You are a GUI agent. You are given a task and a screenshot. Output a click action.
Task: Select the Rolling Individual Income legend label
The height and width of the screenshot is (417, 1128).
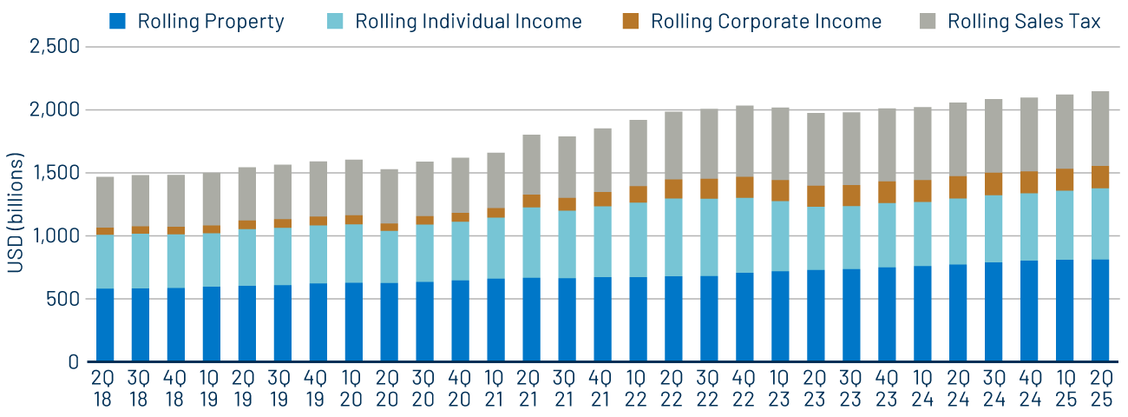click(468, 22)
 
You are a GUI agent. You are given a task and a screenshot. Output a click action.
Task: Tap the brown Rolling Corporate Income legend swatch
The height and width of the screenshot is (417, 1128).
click(631, 22)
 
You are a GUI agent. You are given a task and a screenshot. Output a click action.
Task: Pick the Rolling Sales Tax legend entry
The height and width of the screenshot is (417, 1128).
click(1023, 22)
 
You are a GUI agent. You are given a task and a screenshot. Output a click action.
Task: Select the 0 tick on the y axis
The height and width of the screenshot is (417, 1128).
click(74, 361)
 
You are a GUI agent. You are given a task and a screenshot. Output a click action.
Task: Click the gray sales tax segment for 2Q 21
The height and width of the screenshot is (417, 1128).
click(532, 164)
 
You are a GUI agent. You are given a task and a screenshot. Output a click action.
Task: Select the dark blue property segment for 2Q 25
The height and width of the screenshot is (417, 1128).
click(1100, 310)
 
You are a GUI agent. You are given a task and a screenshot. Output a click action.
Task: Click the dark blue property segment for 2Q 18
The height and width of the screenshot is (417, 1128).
click(105, 325)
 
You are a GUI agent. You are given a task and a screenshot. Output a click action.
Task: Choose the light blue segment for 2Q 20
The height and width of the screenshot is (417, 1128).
click(390, 256)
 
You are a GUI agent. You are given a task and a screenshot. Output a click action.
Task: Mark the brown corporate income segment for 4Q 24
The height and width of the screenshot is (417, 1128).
click(1029, 182)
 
